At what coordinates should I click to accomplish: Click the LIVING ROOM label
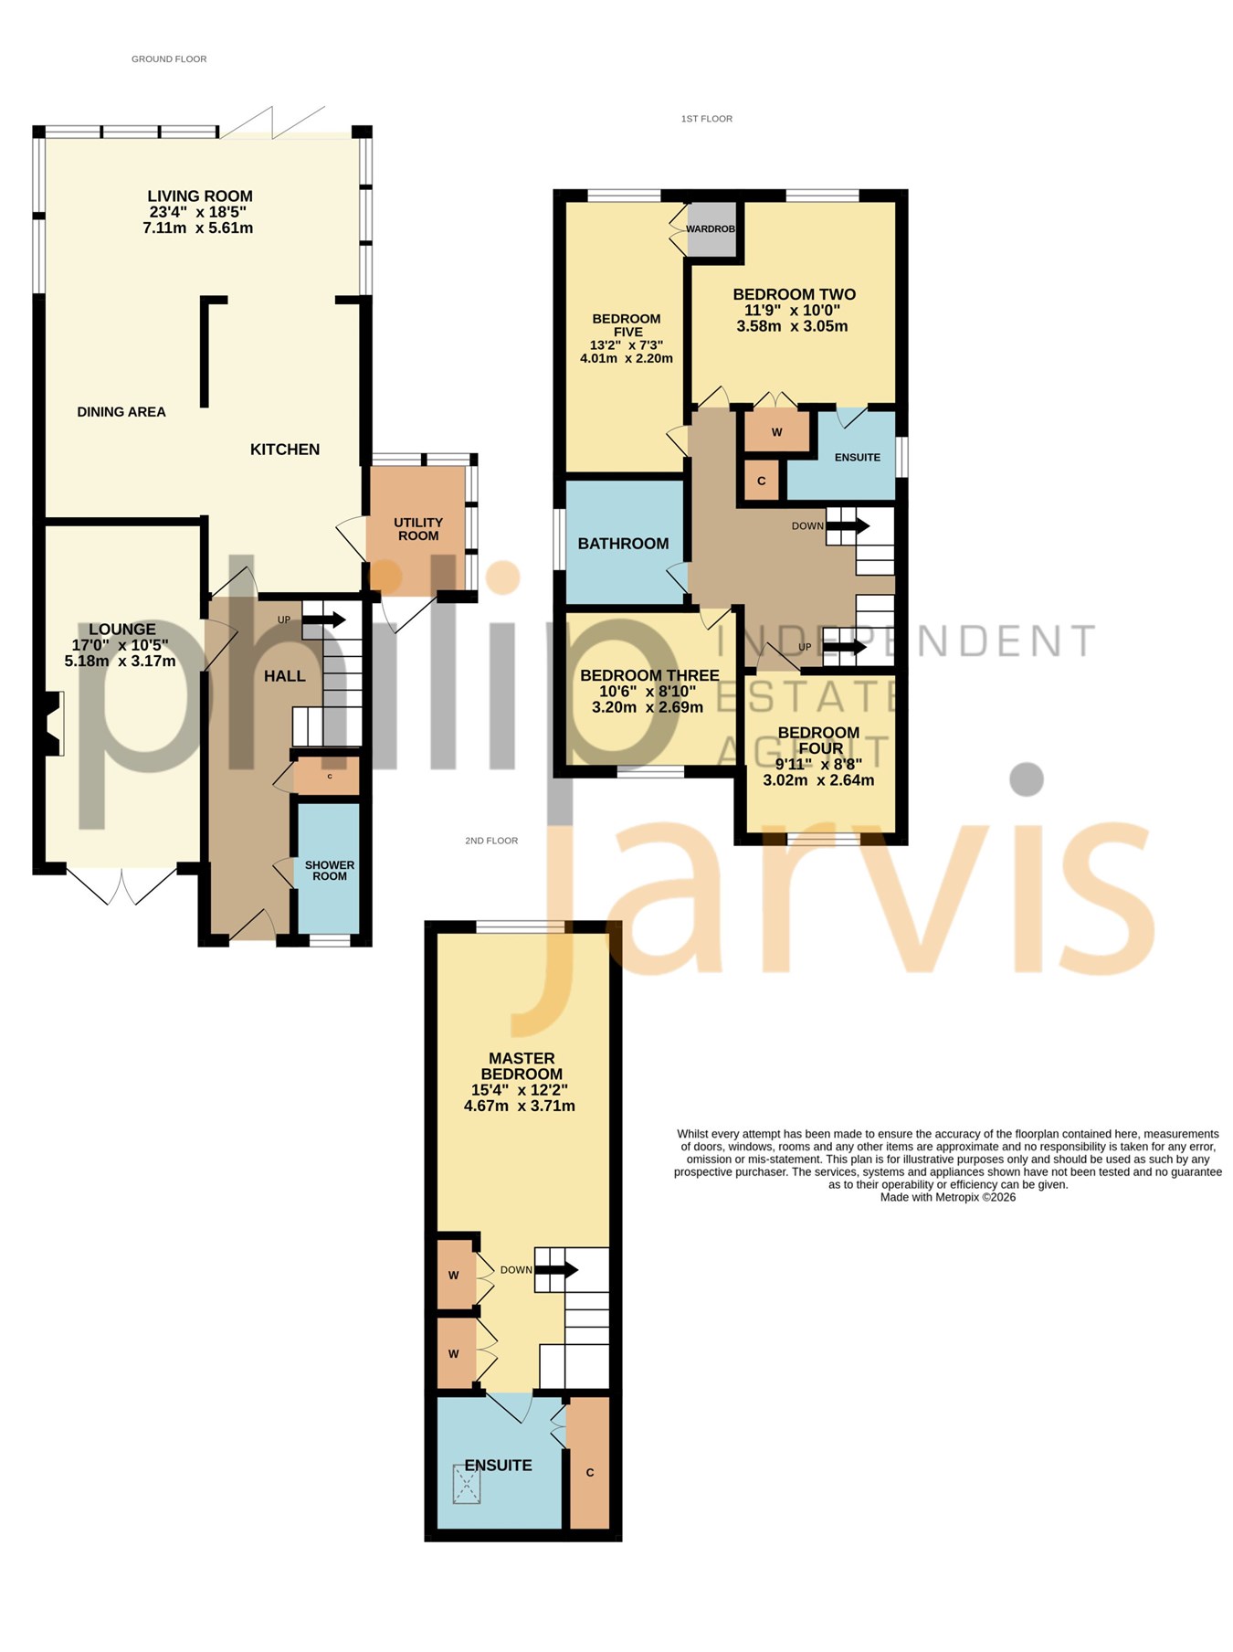pyautogui.click(x=200, y=196)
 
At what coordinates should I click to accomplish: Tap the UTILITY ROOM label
pyautogui.click(x=418, y=529)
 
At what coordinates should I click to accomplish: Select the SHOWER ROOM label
pyautogui.click(x=330, y=871)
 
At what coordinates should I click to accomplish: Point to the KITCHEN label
pyautogui.click(x=285, y=450)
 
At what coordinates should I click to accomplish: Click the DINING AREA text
pyautogui.click(x=121, y=412)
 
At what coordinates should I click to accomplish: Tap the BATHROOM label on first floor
pyautogui.click(x=623, y=544)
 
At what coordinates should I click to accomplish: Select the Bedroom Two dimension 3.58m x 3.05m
pyautogui.click(x=793, y=326)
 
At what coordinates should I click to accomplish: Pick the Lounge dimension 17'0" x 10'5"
pyautogui.click(x=121, y=645)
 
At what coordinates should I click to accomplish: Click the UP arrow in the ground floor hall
pyautogui.click(x=324, y=620)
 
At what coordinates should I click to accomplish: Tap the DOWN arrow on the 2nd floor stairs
pyautogui.click(x=556, y=1269)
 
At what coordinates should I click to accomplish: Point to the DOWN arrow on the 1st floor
pyautogui.click(x=848, y=526)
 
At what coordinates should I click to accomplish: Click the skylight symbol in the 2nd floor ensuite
pyautogui.click(x=467, y=1485)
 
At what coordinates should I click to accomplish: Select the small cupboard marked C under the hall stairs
pyautogui.click(x=328, y=777)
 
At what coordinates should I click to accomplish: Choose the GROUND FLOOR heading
pyautogui.click(x=169, y=59)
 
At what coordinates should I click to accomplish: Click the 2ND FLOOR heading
pyautogui.click(x=491, y=841)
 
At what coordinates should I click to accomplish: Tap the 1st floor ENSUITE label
pyautogui.click(x=858, y=457)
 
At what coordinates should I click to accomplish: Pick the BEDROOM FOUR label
pyautogui.click(x=819, y=740)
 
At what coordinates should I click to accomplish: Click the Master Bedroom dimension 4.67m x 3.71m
pyautogui.click(x=520, y=1106)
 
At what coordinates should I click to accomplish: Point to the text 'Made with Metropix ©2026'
pyautogui.click(x=948, y=1197)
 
